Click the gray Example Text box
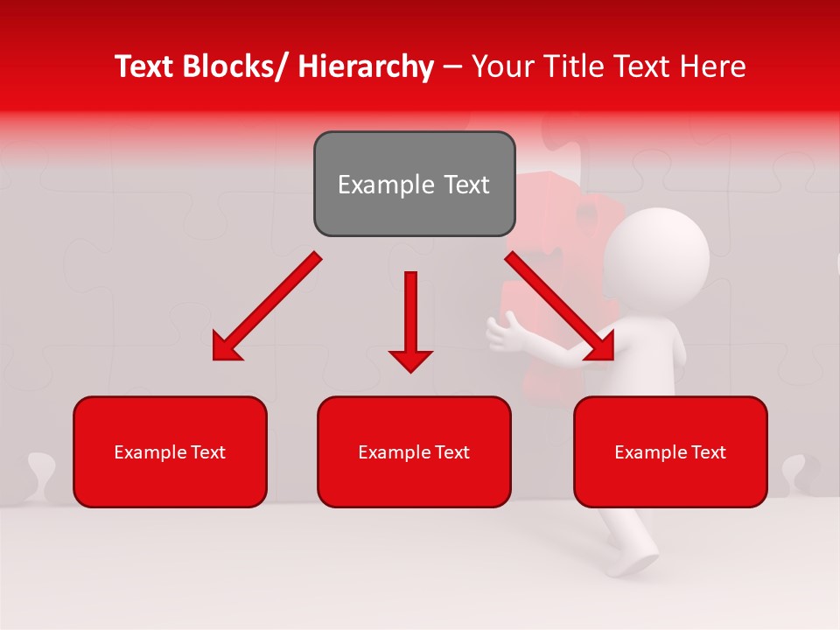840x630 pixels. (x=414, y=184)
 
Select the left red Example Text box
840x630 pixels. (x=170, y=451)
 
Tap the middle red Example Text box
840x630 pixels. (x=414, y=451)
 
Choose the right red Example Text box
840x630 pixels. (x=670, y=451)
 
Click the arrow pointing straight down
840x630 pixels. (x=410, y=320)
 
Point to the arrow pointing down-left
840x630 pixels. (x=267, y=307)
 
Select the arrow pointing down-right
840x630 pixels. (x=560, y=306)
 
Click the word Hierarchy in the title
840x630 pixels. (x=366, y=67)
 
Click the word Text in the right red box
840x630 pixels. (x=709, y=452)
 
